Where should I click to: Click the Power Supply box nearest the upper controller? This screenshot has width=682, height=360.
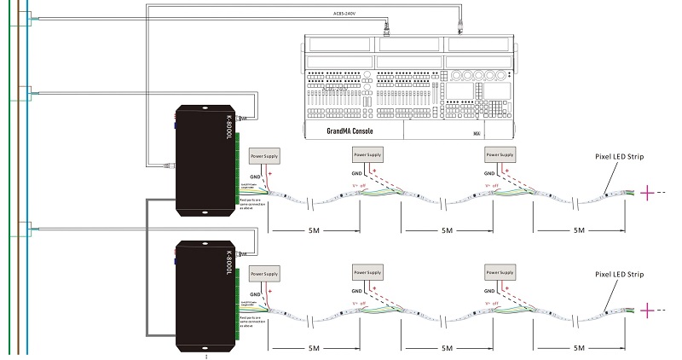click(264, 155)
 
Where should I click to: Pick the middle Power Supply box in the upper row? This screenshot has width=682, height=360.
click(368, 154)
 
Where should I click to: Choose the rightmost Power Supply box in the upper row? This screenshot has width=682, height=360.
click(500, 154)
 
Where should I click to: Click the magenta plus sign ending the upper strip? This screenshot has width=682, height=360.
click(650, 193)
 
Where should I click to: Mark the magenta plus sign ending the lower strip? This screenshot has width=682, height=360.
click(650, 310)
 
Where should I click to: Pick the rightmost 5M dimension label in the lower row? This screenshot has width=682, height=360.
click(580, 348)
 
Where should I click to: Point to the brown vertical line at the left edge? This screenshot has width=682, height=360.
click(19, 179)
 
